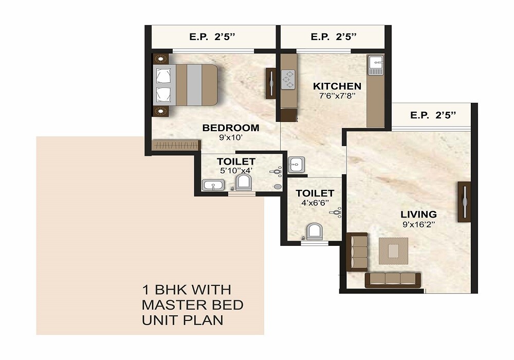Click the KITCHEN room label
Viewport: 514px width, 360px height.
[x=337, y=86]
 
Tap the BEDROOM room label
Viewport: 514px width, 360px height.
[x=231, y=128]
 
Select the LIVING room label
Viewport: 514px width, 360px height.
[x=419, y=214]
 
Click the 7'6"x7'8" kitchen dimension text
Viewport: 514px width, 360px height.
[x=337, y=96]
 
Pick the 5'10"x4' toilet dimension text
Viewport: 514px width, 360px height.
[x=236, y=171]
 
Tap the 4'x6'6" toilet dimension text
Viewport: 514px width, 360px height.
[x=315, y=203]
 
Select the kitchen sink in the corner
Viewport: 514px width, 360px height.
[x=375, y=64]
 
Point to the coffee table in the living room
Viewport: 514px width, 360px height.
[x=393, y=250]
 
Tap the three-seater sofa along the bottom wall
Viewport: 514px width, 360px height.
[x=393, y=280]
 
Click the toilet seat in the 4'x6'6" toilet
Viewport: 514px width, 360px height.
[x=314, y=231]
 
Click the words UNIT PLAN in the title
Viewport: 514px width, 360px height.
[x=182, y=320]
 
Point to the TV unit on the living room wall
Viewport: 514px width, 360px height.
[x=464, y=202]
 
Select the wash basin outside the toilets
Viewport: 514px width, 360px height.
[x=296, y=165]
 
